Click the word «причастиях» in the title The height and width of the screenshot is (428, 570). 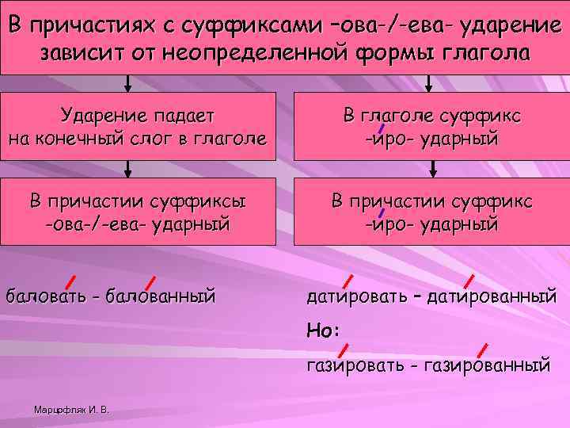pos(89,25)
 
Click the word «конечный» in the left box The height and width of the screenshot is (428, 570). pos(81,139)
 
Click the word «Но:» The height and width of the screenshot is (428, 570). pos(323,331)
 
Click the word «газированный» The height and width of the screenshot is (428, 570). pos(488,365)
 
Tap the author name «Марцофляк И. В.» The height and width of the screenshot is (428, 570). pos(72,410)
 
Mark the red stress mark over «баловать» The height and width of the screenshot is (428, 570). pos(70,280)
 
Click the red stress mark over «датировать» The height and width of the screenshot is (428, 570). pos(348,281)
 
